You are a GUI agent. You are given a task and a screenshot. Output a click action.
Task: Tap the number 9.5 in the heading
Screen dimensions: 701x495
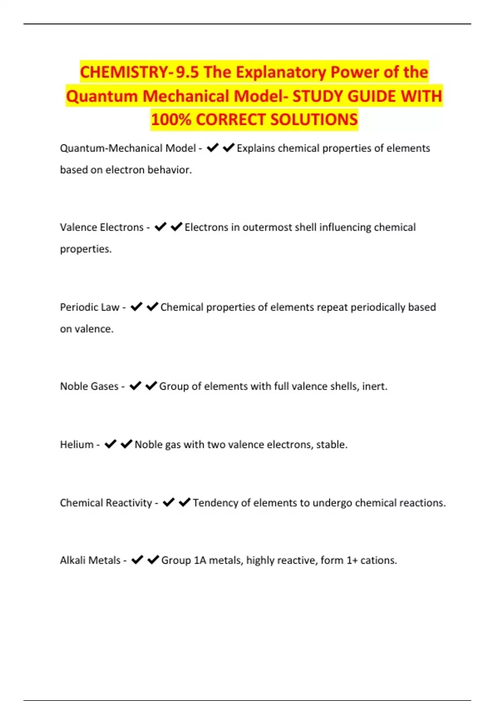coord(187,72)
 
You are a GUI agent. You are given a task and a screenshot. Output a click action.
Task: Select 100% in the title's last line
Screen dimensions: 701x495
coord(171,120)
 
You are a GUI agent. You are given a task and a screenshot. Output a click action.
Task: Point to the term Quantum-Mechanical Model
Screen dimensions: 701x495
coord(128,148)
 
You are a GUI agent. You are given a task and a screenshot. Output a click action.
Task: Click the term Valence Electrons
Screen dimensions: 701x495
coord(101,227)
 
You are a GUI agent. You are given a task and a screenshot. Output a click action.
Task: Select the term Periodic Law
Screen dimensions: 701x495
coord(90,307)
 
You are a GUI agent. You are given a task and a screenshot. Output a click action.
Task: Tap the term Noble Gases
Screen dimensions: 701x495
coord(89,386)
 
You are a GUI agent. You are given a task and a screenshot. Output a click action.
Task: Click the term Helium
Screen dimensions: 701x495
coord(77,445)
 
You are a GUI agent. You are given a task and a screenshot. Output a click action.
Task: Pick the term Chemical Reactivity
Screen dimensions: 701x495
coord(106,503)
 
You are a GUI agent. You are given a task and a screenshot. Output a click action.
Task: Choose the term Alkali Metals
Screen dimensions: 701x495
coord(90,560)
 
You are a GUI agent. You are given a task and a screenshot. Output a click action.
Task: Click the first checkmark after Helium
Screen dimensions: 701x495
coord(111,444)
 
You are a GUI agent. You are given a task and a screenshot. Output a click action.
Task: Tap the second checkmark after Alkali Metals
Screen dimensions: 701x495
coord(153,560)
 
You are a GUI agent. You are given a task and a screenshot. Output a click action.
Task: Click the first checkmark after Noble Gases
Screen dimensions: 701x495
coord(135,386)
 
